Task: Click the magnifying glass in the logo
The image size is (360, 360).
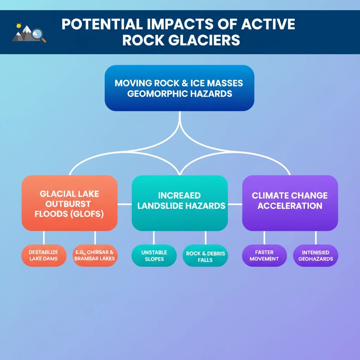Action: click(x=37, y=34)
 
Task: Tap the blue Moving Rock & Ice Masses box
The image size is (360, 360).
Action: click(x=179, y=88)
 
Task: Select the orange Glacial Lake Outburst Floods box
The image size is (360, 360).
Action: click(x=69, y=203)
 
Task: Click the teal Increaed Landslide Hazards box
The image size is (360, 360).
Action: click(x=180, y=203)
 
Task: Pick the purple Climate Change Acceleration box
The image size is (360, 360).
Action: click(x=290, y=203)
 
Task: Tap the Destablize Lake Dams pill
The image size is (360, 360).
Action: click(x=44, y=256)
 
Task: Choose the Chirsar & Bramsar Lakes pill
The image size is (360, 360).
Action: click(x=95, y=256)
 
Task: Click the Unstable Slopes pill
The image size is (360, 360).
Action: click(x=154, y=256)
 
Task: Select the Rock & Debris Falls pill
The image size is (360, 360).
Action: click(x=205, y=256)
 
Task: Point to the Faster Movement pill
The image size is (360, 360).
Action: click(x=264, y=256)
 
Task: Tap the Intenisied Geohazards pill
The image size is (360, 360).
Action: click(x=315, y=256)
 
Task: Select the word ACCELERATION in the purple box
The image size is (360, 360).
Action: click(x=290, y=206)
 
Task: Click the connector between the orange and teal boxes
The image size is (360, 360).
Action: click(x=124, y=204)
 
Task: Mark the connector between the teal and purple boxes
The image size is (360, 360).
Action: click(x=235, y=204)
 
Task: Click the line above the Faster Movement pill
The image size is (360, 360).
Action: click(x=264, y=238)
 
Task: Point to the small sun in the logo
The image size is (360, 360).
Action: click(x=18, y=26)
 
